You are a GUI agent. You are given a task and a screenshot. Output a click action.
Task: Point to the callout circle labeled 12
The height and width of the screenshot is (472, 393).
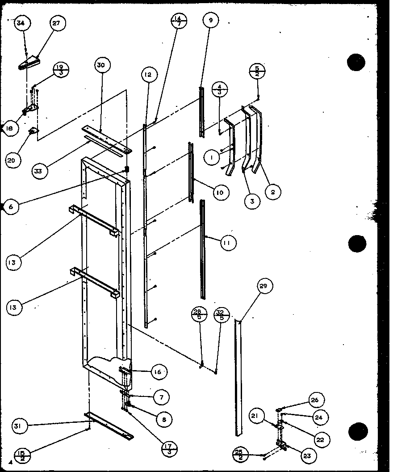148,75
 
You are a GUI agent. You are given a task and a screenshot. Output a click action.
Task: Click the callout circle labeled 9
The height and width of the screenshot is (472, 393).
210,20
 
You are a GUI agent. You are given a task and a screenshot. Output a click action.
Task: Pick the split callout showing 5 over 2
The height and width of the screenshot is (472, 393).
257,71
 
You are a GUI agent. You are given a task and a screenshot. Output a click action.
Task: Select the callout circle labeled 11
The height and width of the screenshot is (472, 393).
227,243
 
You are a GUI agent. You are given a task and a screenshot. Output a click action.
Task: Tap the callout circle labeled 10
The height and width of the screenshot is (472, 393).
220,193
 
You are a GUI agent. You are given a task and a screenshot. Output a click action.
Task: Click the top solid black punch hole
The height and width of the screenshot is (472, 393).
356,62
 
